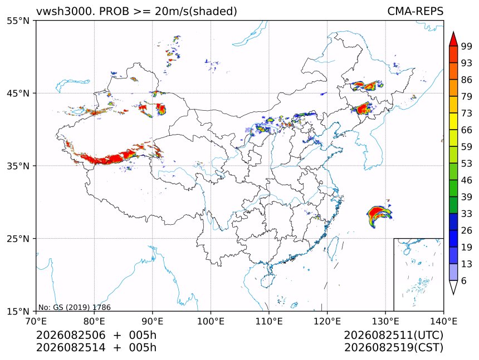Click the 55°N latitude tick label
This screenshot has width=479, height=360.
click(18, 21)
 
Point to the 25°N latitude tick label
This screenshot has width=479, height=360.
click(18, 238)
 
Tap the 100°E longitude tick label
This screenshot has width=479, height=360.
click(211, 321)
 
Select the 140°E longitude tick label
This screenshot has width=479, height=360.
click(443, 321)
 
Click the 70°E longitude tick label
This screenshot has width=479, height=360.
click(36, 321)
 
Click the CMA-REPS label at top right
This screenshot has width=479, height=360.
click(415, 11)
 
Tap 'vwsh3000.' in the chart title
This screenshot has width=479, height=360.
click(66, 11)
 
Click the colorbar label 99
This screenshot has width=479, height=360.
click(467, 46)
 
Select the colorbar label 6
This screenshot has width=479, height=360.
click(464, 280)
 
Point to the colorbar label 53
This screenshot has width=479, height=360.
click(467, 164)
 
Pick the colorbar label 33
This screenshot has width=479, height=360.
click(467, 214)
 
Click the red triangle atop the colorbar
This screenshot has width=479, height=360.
click(453, 39)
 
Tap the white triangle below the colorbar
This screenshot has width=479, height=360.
click(453, 287)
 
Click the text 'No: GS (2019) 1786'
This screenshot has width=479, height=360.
click(75, 307)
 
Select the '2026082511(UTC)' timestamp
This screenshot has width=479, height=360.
click(393, 335)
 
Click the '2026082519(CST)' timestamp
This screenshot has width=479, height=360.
click(393, 348)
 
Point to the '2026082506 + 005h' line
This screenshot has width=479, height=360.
click(96, 335)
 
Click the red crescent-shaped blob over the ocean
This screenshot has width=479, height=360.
click(378, 214)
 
